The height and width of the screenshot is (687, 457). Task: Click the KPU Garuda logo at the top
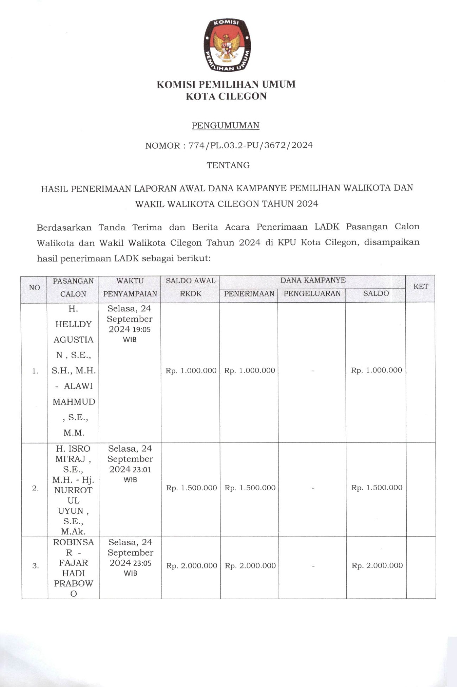[x=227, y=45]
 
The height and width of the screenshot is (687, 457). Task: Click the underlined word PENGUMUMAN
[x=226, y=125]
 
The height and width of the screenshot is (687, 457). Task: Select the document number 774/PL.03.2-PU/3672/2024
[x=250, y=145]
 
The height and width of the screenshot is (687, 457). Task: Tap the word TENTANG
[x=228, y=165]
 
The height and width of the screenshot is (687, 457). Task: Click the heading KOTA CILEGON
[x=226, y=96]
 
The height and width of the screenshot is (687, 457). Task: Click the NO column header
[x=34, y=287]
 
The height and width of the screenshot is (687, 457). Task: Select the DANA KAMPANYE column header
[x=313, y=280]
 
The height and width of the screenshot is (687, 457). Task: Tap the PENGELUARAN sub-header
[x=312, y=293]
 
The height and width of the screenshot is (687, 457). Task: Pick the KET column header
[x=420, y=286]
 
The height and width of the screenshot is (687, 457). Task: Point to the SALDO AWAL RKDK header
[x=190, y=287]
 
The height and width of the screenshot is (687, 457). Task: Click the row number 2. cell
[x=35, y=488]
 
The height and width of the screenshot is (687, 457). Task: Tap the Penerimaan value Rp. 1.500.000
[x=250, y=488]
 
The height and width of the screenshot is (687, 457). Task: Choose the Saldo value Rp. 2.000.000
[x=377, y=566]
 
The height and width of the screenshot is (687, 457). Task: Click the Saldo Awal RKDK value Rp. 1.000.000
[x=191, y=371]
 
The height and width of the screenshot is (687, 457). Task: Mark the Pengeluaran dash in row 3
[x=313, y=566]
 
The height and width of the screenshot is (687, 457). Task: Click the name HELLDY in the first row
[x=73, y=324]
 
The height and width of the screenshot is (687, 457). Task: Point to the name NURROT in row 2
[x=73, y=490]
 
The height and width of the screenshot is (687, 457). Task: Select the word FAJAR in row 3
[x=74, y=563]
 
